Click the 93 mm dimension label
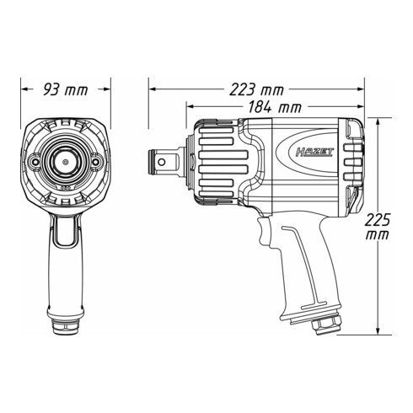pos(66,89)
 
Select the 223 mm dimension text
pos(257,89)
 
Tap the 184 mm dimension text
pos(275,107)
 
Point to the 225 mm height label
pos(378,227)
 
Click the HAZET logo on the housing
pos(314,153)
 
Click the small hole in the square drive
pos(162,162)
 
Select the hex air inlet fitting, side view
pos(326,324)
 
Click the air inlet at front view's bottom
pos(65,327)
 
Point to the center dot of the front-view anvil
pos(66,162)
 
